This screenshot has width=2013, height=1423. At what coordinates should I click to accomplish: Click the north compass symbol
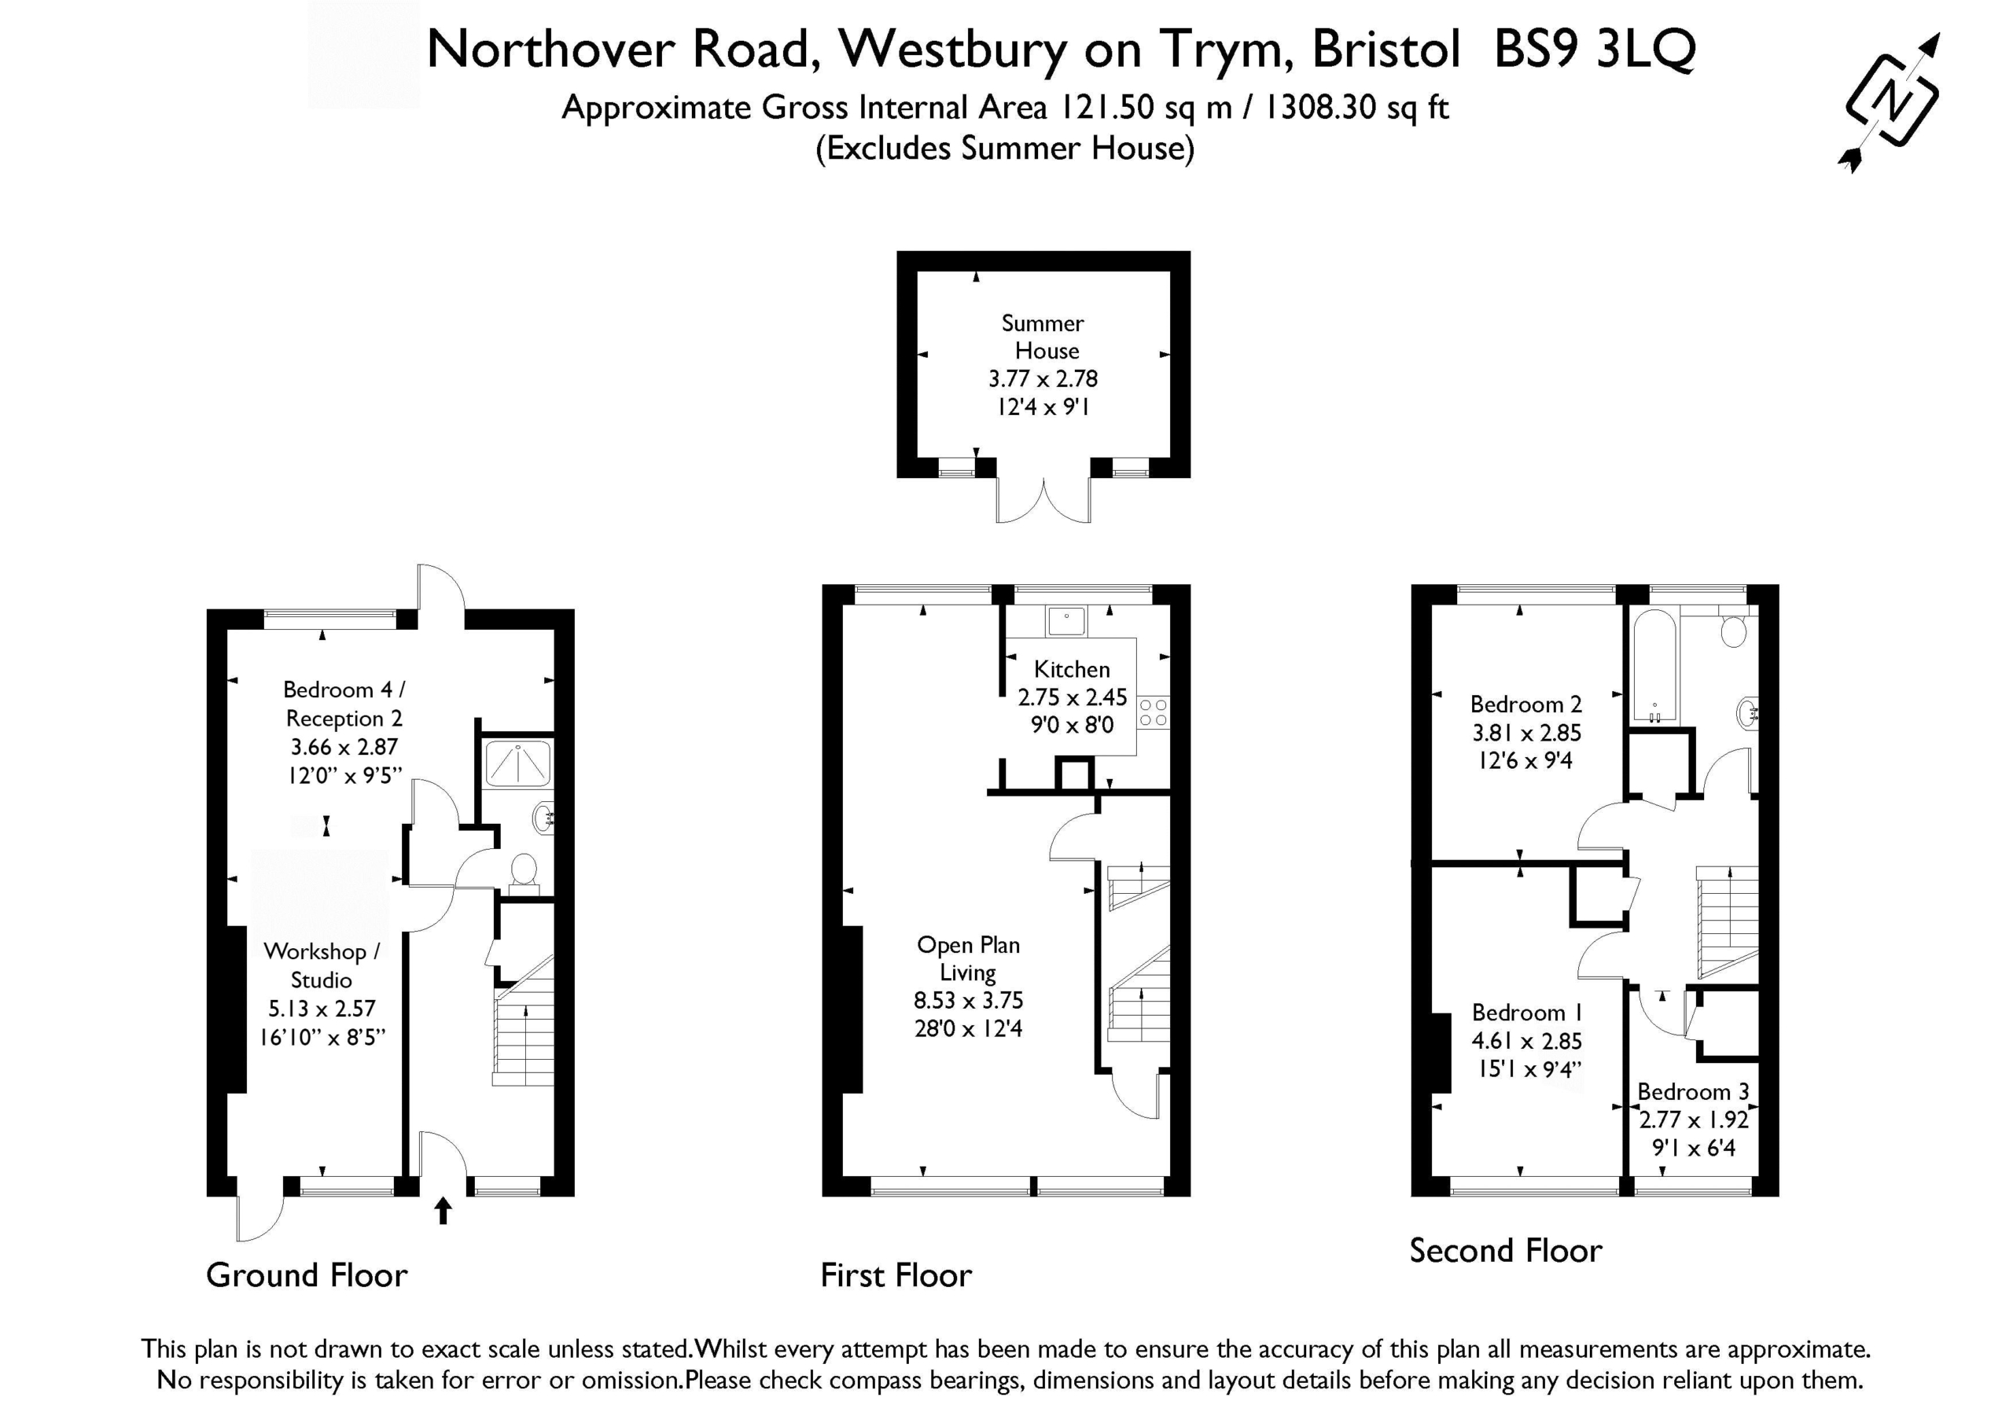click(x=1892, y=101)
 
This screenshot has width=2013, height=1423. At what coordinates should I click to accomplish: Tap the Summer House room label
click(x=1043, y=336)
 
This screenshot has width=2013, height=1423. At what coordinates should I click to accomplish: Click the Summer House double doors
click(x=1043, y=501)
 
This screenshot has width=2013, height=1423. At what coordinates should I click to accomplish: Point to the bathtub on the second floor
click(x=1654, y=667)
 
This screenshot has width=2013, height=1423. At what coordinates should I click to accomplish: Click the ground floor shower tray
click(x=519, y=763)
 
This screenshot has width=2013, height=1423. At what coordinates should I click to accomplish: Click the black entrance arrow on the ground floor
click(x=443, y=1211)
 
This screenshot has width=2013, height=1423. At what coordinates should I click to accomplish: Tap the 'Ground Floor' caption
click(x=307, y=1275)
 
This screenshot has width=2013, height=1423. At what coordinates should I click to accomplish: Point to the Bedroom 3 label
click(x=1693, y=1091)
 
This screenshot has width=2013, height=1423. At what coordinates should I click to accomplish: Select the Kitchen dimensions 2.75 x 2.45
click(x=1073, y=698)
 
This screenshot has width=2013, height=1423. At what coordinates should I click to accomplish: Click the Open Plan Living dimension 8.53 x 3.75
click(x=969, y=1000)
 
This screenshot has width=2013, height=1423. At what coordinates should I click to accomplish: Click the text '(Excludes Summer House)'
click(x=1006, y=148)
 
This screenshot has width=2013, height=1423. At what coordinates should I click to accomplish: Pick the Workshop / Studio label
click(x=322, y=965)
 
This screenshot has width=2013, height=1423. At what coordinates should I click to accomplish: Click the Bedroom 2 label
click(x=1526, y=704)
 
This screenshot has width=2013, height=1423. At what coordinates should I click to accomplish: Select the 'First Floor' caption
click(x=896, y=1275)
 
